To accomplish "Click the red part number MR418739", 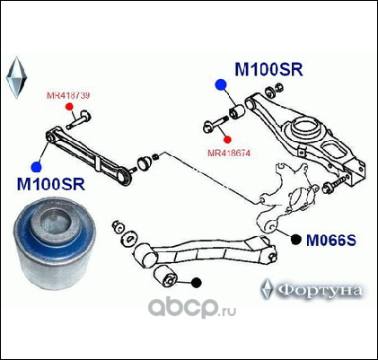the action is coord(68,95).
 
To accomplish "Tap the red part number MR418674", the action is coord(229,153).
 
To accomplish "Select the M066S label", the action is coord(331,240).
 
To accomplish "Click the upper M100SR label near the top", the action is coord(268,69).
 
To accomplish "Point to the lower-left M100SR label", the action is coord(51,184).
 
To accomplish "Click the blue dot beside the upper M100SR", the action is coord(221,85).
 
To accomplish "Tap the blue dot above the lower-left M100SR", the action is coord(37,167).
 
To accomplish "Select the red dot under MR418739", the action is coord(69,107).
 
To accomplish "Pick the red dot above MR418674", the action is coord(228,139).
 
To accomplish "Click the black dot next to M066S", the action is coord(296,239).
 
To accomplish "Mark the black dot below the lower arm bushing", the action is coord(197,283).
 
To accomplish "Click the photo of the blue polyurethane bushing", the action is coord(55,242).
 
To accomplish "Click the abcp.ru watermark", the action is coord(192,307).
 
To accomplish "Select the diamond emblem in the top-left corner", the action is coord(16,77).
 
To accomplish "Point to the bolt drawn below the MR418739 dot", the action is coord(79,119).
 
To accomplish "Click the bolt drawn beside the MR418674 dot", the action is coord(215,125).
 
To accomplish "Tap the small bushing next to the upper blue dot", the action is coord(237,110).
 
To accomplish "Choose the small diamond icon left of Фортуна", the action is coord(266,289).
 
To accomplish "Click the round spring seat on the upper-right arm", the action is coord(305,127).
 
